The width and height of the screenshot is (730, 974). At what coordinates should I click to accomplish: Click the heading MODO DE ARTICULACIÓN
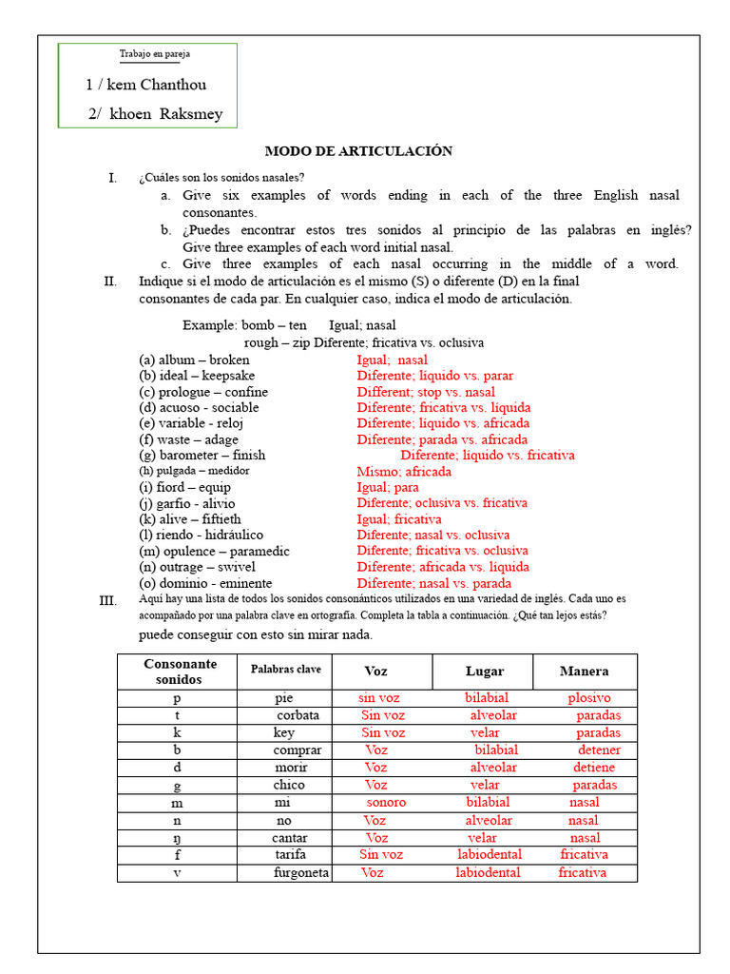click(357, 151)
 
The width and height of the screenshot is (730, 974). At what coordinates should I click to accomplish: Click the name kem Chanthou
click(145, 85)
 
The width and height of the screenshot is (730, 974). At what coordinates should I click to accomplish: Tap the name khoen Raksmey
click(156, 114)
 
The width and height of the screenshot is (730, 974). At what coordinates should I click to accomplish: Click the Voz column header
click(376, 672)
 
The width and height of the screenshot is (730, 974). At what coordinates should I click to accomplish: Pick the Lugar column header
click(484, 672)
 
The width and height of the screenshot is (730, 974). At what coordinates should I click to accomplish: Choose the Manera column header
click(585, 672)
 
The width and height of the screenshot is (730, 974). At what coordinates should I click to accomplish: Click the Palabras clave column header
click(286, 670)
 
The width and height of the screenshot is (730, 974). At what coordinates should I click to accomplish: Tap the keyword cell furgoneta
click(301, 872)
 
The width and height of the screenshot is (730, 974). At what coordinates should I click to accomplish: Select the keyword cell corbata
click(298, 715)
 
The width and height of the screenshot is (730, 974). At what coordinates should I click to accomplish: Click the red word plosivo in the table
click(589, 698)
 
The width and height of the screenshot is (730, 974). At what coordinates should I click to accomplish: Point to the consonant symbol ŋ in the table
click(177, 838)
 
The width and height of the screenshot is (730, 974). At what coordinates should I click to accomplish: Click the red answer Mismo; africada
click(404, 472)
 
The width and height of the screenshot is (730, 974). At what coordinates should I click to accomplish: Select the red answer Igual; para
click(387, 488)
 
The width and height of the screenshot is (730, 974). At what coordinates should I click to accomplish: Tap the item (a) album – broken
click(194, 360)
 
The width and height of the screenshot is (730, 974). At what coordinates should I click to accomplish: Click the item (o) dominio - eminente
click(205, 583)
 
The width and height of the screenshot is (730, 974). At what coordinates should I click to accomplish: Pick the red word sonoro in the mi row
click(386, 803)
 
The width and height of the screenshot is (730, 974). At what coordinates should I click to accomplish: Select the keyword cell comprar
click(298, 750)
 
